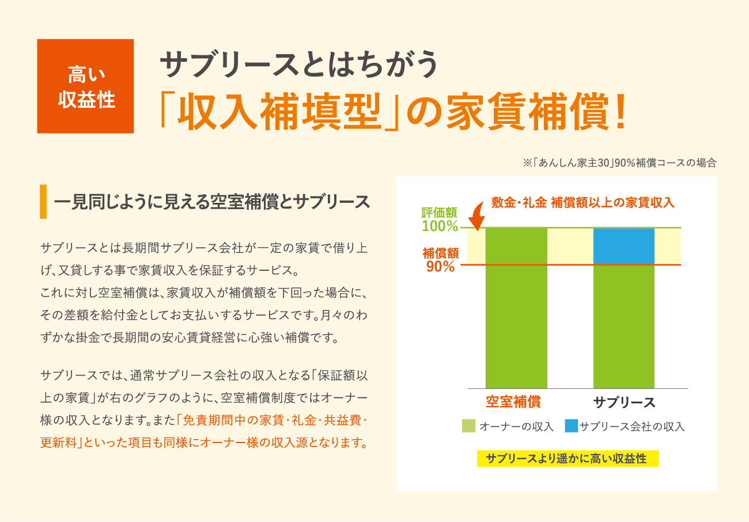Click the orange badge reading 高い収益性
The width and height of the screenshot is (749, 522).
tap(85, 86)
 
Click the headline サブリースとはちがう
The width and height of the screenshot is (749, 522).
tap(298, 64)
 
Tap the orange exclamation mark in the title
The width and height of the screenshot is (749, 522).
tap(621, 111)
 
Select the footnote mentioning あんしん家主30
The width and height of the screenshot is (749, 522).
tap(619, 163)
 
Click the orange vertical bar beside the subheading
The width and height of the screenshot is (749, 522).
tap(43, 202)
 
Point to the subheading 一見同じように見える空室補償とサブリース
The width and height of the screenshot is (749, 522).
tap(211, 202)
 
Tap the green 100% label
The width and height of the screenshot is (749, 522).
tap(440, 226)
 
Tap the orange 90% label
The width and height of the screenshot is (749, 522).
tap(440, 267)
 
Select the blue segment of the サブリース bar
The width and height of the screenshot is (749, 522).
tap(623, 247)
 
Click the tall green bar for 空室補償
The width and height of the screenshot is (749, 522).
tap(516, 308)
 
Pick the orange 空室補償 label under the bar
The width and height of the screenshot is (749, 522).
tap(513, 402)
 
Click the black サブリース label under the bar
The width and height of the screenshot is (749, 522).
tap(624, 402)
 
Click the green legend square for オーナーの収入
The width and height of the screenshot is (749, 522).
tap(468, 426)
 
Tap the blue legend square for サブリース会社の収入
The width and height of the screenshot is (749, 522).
tap(572, 426)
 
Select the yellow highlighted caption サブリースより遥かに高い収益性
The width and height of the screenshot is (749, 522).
tap(568, 459)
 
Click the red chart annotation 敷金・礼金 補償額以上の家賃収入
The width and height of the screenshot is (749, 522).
tap(583, 203)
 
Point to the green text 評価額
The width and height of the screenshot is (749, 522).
tap(439, 213)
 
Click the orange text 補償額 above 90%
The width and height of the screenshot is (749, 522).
tap(441, 253)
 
